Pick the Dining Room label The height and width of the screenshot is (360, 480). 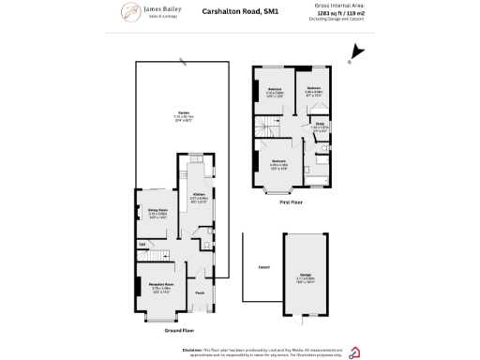pyautogui.click(x=157, y=211)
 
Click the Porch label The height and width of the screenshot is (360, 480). pyautogui.click(x=199, y=293)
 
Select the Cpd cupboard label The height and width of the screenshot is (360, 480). pyautogui.click(x=142, y=245)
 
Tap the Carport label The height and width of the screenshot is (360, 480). pyautogui.click(x=264, y=268)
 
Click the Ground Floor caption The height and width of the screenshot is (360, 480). pyautogui.click(x=178, y=330)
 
